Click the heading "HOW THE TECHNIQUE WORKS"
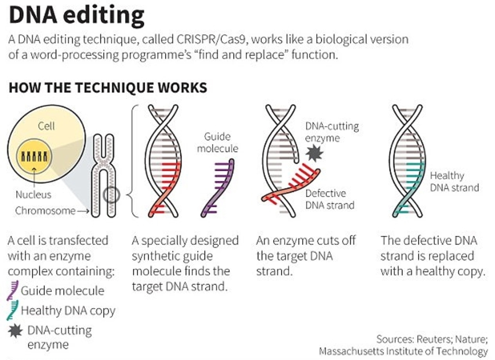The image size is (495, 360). pyautogui.click(x=108, y=88)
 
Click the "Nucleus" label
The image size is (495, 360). pyautogui.click(x=33, y=194)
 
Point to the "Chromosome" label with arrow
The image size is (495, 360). pyautogui.click(x=45, y=211)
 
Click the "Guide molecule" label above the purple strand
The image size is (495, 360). pyautogui.click(x=217, y=142)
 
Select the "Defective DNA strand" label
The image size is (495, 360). pyautogui.click(x=330, y=199)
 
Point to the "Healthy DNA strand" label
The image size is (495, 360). pyautogui.click(x=454, y=181)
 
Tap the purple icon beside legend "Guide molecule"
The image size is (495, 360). pyautogui.click(x=13, y=290)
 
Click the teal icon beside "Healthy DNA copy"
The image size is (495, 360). pyautogui.click(x=13, y=310)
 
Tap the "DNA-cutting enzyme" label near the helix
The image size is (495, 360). pyautogui.click(x=332, y=132)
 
